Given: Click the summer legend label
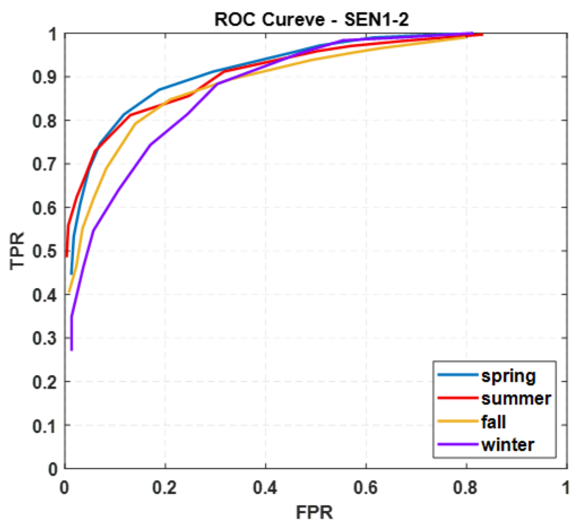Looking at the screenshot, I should (516, 398).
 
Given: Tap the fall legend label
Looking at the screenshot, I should (493, 421).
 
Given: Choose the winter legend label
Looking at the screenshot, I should (507, 445).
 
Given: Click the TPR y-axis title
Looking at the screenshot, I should (17, 251).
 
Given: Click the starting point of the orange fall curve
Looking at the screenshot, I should (69, 292).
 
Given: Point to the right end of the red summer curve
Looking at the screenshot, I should (482, 35).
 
